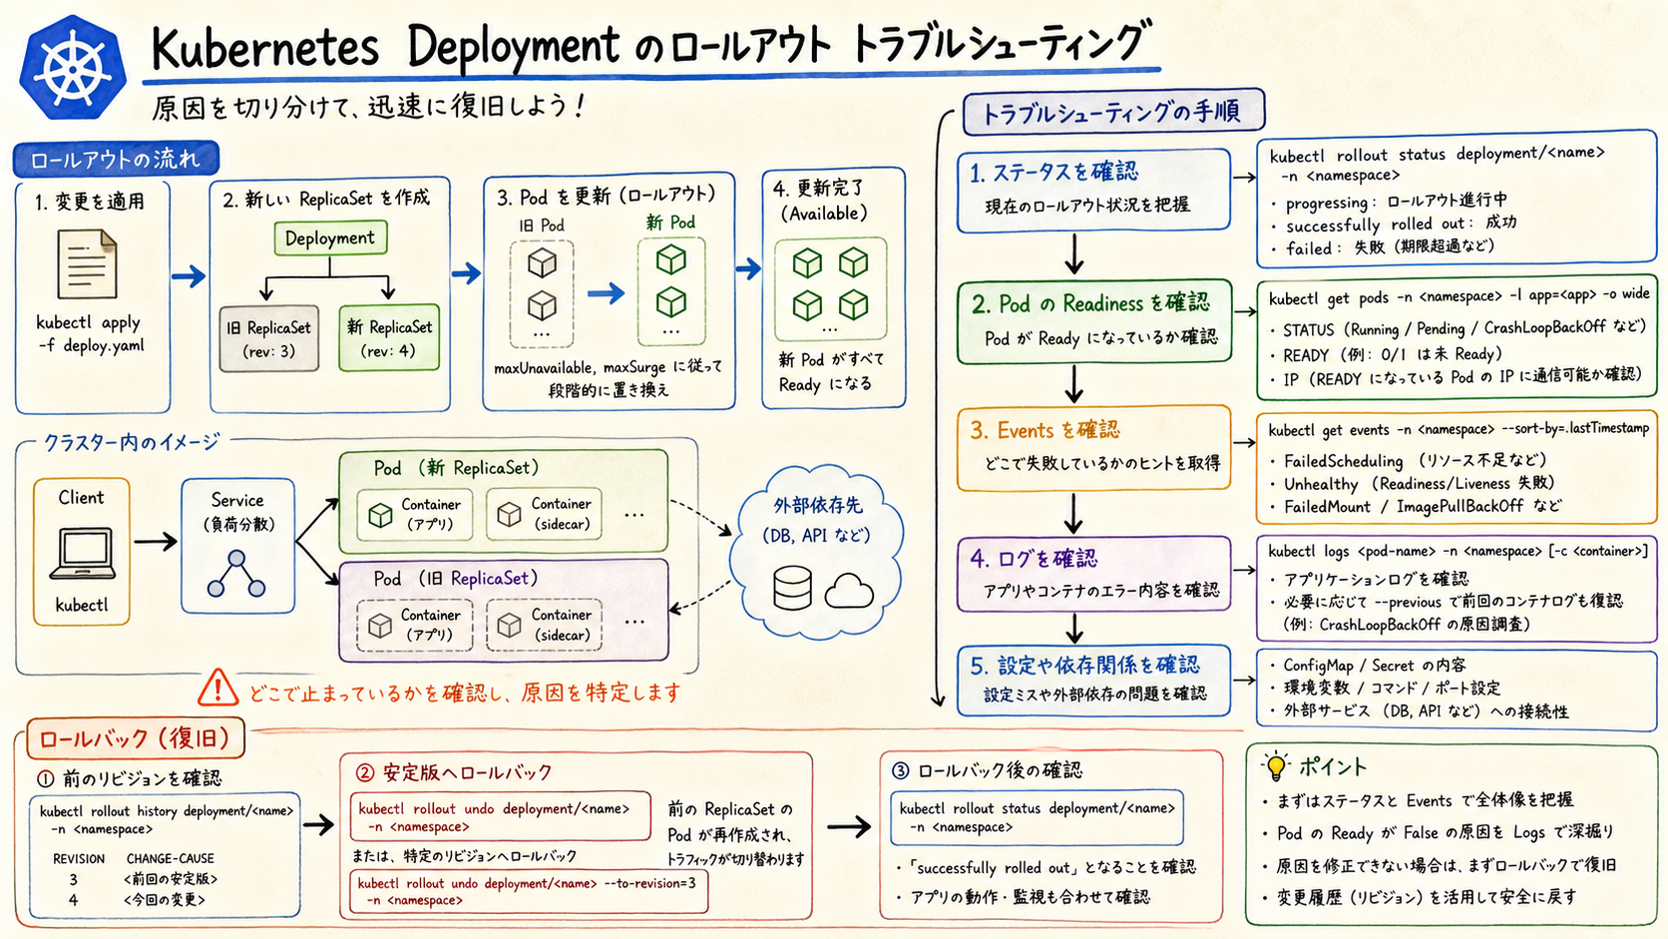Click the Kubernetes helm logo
(x=72, y=68)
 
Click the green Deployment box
(x=330, y=238)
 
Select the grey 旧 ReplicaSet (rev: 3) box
(x=268, y=339)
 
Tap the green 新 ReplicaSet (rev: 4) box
(x=389, y=338)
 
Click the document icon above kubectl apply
(x=87, y=263)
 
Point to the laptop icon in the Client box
(x=82, y=553)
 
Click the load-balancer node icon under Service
(x=236, y=574)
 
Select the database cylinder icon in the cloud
(x=792, y=589)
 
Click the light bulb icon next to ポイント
(x=1276, y=765)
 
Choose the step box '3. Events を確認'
(x=1094, y=448)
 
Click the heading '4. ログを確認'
(x=1033, y=559)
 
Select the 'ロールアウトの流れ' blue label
(x=116, y=160)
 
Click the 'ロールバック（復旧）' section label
(x=135, y=738)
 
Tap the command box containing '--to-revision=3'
(x=529, y=891)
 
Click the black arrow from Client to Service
(x=156, y=542)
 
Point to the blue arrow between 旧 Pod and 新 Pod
(x=607, y=292)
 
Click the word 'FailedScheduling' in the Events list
(x=1344, y=461)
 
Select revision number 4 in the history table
(x=73, y=899)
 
